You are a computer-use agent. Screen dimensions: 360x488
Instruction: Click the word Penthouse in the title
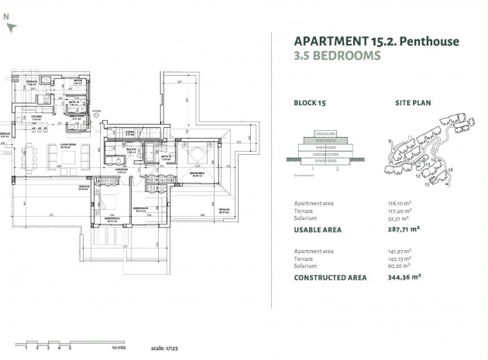[429, 41]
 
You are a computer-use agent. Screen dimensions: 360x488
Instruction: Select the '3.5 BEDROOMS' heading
[337, 56]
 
